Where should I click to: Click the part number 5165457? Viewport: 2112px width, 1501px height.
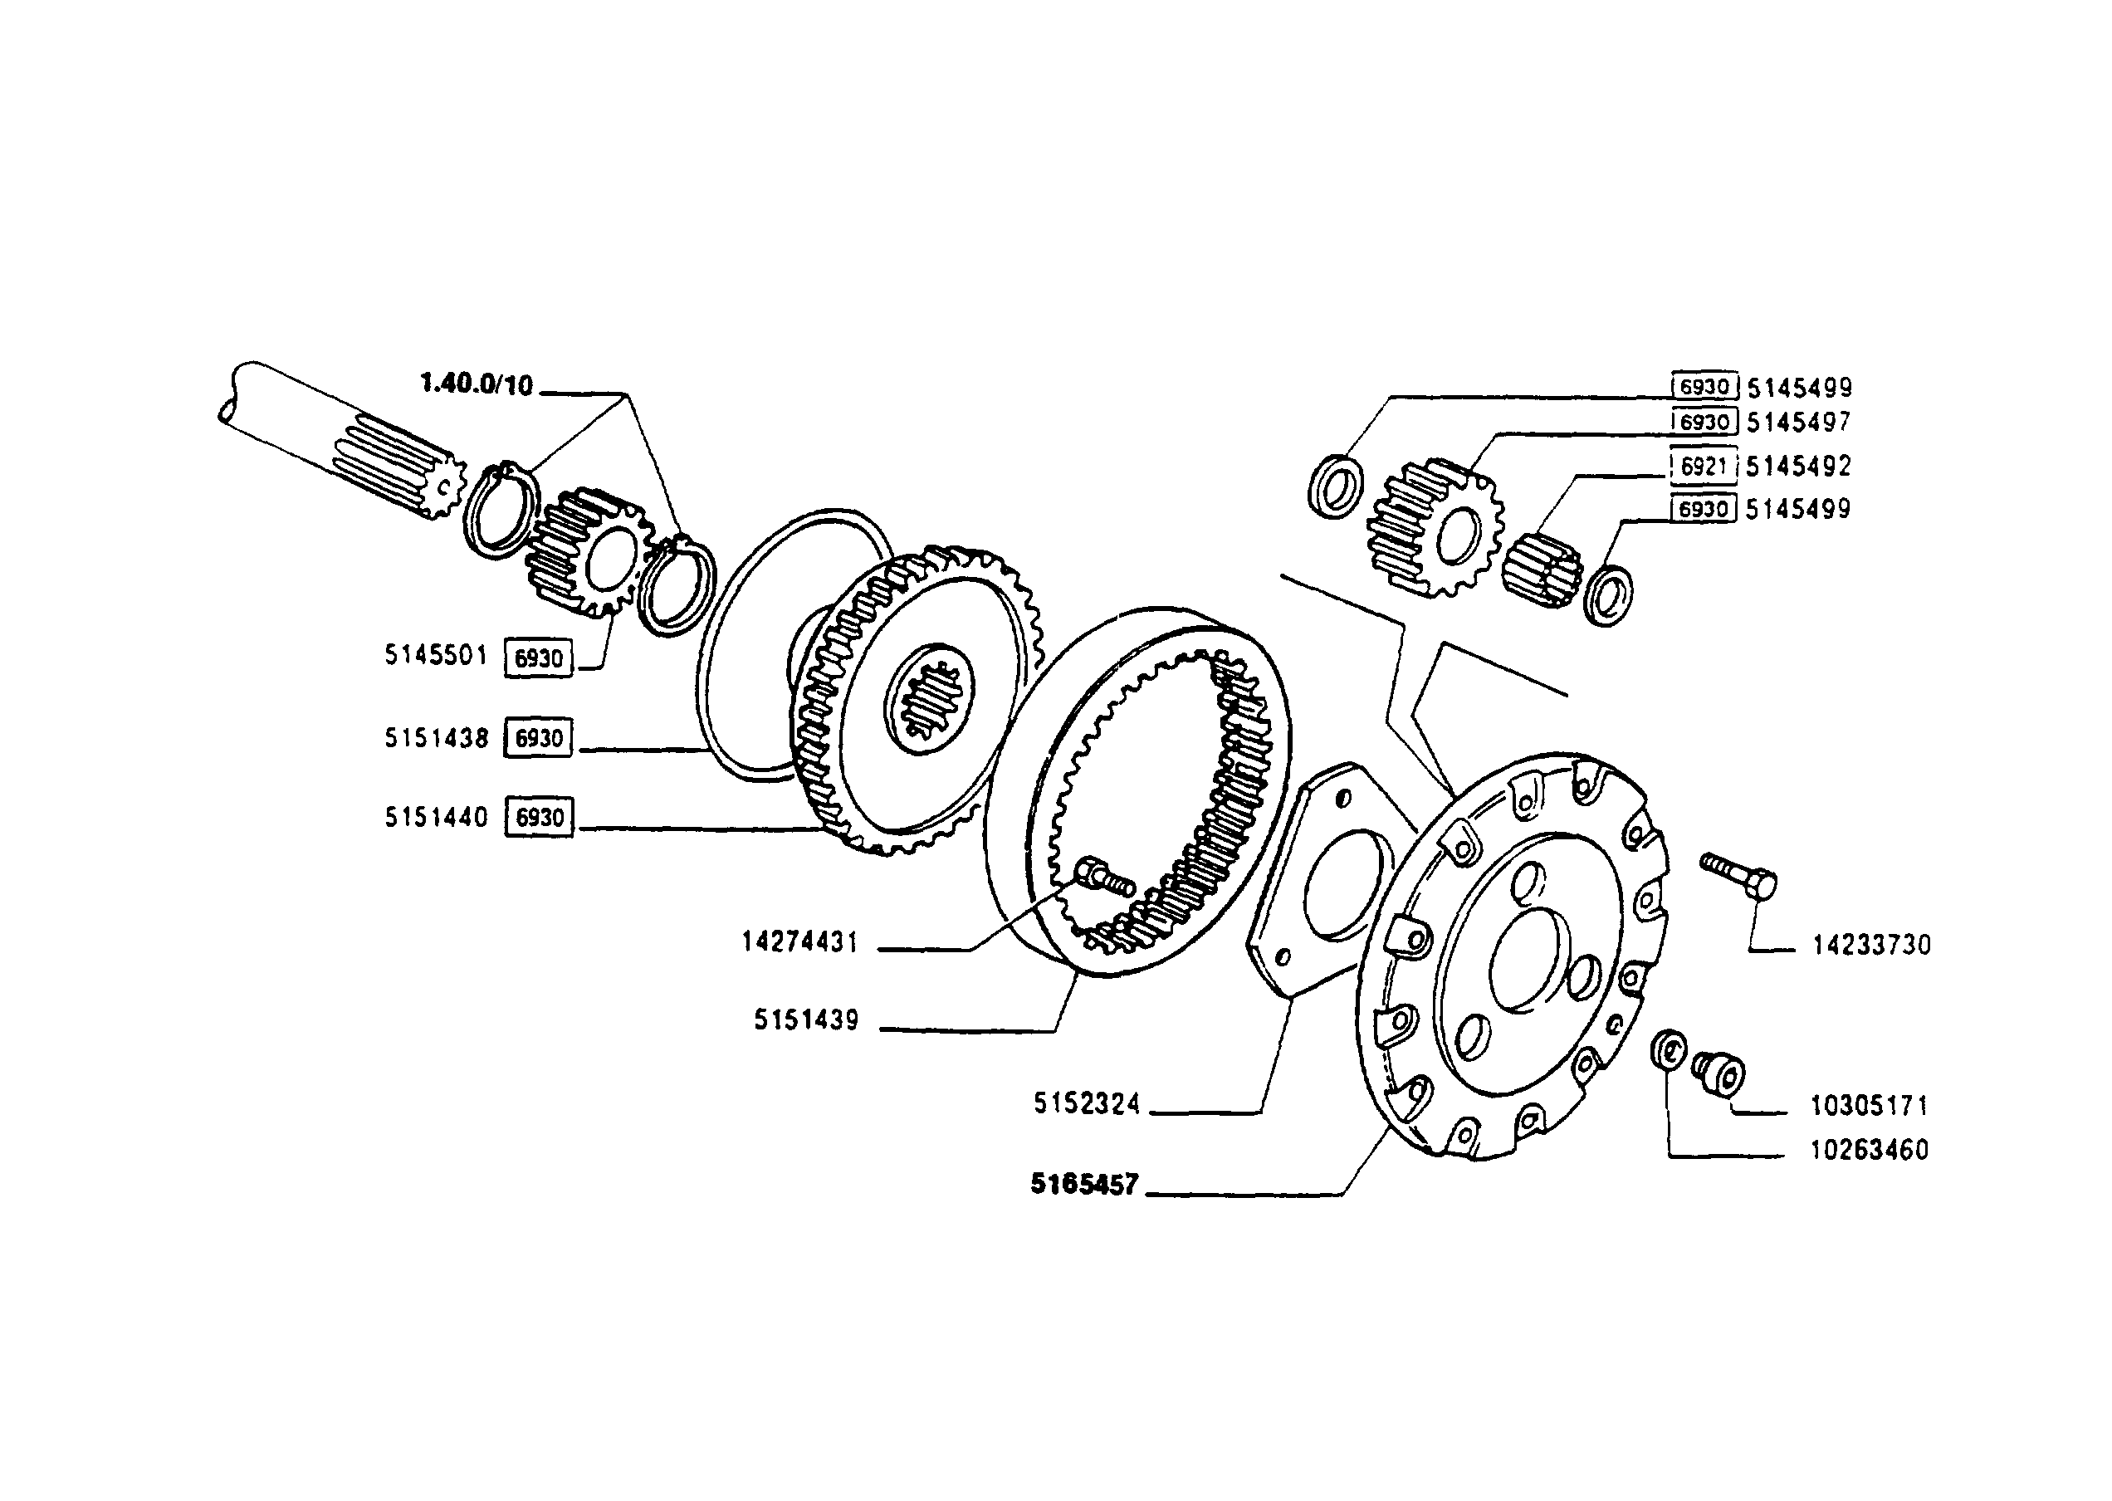pyautogui.click(x=1084, y=1184)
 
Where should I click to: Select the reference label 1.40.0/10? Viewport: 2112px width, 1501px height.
pyautogui.click(x=476, y=384)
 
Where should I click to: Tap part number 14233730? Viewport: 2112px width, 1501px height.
pyautogui.click(x=1872, y=946)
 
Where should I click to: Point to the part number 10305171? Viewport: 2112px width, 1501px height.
pyautogui.click(x=1869, y=1106)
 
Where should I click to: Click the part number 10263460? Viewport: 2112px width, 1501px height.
pyautogui.click(x=1869, y=1150)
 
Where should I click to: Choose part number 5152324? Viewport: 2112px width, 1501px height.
pyautogui.click(x=1087, y=1103)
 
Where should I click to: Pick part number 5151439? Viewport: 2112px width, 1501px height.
pyautogui.click(x=806, y=1020)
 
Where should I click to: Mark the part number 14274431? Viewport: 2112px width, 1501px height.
pyautogui.click(x=800, y=943)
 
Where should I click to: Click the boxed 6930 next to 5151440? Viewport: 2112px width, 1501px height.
pyautogui.click(x=539, y=818)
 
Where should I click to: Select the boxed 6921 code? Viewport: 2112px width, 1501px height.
pyautogui.click(x=1704, y=467)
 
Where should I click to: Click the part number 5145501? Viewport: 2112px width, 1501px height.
pyautogui.click(x=435, y=655)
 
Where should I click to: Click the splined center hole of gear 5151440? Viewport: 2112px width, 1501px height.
pyautogui.click(x=929, y=705)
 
